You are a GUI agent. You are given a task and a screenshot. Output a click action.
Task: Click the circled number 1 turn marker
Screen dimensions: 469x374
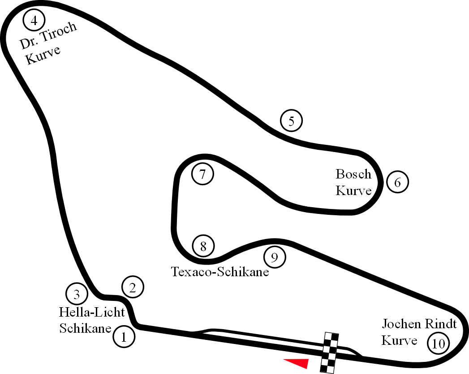coord(124,337)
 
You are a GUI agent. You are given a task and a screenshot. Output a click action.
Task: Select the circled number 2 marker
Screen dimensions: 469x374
coord(133,287)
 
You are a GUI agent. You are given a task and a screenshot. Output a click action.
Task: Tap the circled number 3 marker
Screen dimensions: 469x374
coord(77,294)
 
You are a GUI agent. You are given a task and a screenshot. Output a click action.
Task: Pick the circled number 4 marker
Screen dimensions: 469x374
coord(34,20)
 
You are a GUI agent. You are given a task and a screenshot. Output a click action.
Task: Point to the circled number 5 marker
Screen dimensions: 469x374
coord(291,120)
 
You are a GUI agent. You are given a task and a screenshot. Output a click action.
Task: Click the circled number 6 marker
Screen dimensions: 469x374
coord(397,182)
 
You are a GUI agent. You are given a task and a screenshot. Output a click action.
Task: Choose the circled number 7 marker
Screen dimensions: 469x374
coord(202,174)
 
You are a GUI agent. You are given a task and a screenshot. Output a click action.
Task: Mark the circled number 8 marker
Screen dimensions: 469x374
coord(203,246)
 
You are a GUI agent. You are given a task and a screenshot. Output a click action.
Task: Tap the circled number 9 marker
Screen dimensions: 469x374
coord(275,257)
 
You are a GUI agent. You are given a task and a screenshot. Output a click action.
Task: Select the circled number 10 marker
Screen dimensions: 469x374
coord(439,344)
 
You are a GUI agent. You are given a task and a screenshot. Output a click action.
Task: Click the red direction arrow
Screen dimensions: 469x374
coord(296,363)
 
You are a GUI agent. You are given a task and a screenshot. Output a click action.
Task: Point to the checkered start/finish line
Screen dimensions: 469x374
coord(330,353)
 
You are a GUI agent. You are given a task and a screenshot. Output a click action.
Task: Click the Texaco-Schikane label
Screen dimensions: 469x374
coord(220,272)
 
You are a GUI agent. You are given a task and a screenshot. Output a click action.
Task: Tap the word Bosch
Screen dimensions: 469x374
coord(353,174)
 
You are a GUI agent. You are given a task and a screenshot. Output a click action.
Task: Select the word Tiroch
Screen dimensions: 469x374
coord(59,32)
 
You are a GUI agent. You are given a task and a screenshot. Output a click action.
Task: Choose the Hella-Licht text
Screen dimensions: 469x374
coord(91,312)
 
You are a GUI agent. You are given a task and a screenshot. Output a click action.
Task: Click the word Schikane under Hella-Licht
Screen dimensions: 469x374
coord(85,328)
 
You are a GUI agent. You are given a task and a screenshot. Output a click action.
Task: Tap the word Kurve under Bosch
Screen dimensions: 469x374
coord(353,191)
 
